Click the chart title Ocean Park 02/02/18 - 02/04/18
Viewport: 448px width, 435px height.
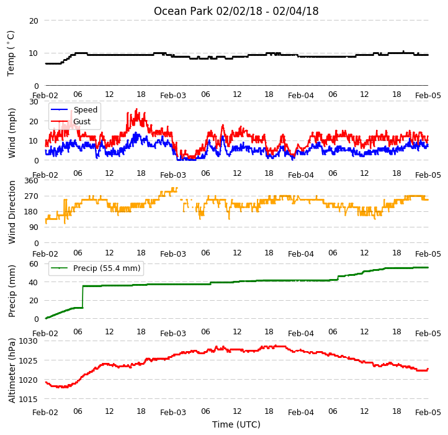[x=236, y=11]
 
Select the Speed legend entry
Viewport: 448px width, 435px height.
[x=74, y=109]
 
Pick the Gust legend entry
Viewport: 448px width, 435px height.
[x=71, y=121]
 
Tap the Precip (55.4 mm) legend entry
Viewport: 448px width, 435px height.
[x=96, y=268]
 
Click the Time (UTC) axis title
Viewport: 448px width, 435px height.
[x=236, y=424]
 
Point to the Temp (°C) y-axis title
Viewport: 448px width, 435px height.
[x=11, y=53]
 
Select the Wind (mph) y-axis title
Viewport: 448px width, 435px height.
[x=12, y=133]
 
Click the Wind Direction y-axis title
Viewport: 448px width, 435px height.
[x=12, y=212]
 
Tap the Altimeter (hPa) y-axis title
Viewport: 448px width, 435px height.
[x=12, y=370]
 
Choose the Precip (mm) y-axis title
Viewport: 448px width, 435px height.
[x=12, y=291]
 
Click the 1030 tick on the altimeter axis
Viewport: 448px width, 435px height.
[x=28, y=341]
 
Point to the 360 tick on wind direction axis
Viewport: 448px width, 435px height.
[x=32, y=181]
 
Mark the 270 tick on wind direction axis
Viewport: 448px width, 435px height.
[x=32, y=196]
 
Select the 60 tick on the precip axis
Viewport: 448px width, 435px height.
[x=34, y=264]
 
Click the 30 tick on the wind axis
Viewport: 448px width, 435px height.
[x=34, y=102]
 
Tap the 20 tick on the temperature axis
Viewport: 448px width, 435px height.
[x=34, y=21]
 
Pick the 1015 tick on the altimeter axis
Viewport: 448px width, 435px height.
[x=28, y=399]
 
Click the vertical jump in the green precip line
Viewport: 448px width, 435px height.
[x=83, y=297]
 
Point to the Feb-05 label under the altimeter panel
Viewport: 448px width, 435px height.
[x=428, y=413]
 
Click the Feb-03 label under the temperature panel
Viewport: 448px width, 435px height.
[x=173, y=95]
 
